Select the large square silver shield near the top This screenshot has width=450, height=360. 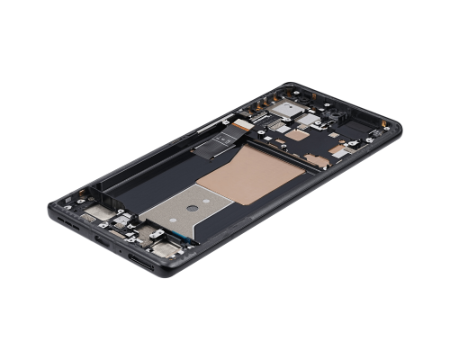pyautogui.click(x=285, y=110)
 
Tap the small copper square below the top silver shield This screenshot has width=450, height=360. pyautogui.click(x=297, y=135)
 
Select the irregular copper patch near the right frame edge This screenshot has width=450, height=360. pyautogui.click(x=315, y=160)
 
